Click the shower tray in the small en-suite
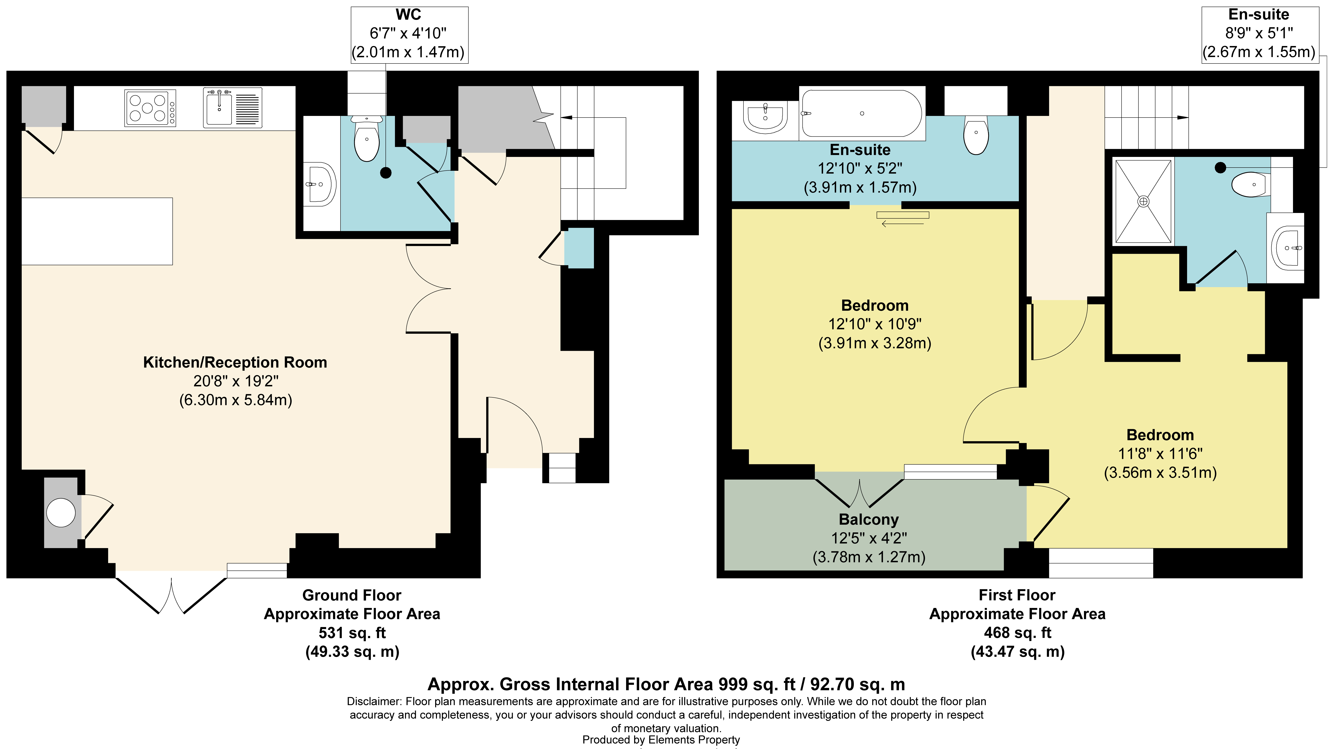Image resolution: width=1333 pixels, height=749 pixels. (x=1143, y=201)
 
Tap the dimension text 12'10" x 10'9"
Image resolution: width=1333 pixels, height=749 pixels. (x=875, y=324)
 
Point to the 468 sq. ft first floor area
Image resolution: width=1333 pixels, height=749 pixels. (x=1017, y=633)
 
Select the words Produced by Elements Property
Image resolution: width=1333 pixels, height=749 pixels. (x=661, y=740)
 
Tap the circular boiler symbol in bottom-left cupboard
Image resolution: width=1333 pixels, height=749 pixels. (x=61, y=513)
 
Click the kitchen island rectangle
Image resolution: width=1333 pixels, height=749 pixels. (x=97, y=231)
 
